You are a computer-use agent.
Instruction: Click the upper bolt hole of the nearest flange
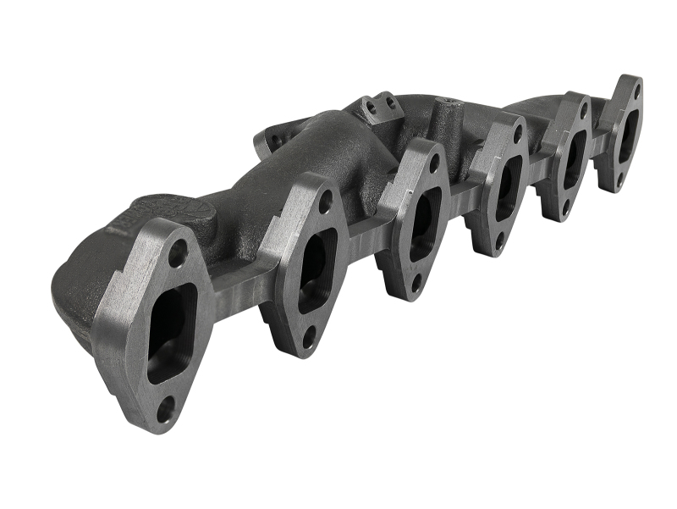click(177, 252)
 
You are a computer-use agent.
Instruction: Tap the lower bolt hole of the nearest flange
click(166, 408)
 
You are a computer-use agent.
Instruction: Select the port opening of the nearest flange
click(172, 330)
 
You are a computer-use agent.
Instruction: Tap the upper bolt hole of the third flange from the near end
click(433, 167)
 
